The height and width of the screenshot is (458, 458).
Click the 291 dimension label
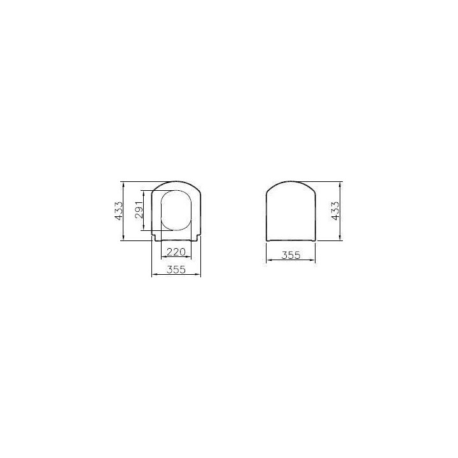pos(139,210)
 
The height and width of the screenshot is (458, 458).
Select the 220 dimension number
pos(176,251)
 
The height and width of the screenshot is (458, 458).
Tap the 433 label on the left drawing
pos(118,211)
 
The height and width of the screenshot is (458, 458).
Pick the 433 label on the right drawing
pos(335,211)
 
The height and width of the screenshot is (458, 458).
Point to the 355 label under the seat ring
pos(176,269)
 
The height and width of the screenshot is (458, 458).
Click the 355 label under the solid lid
pos(291,255)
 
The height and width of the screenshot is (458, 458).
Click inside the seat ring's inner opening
pos(176,211)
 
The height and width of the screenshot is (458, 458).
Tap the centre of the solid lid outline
pos(291,211)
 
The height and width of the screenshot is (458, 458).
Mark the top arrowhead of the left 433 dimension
pos(123,184)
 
